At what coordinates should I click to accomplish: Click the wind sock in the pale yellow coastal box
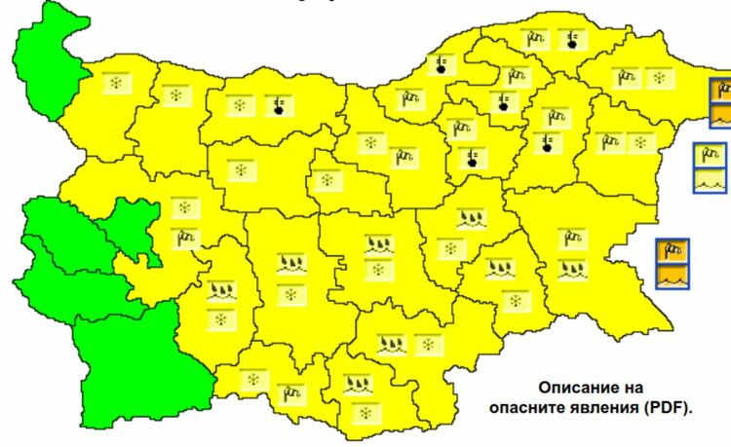click(x=710, y=156)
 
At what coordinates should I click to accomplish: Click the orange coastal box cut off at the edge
click(x=719, y=105)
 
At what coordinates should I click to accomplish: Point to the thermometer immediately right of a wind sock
click(x=572, y=40)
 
